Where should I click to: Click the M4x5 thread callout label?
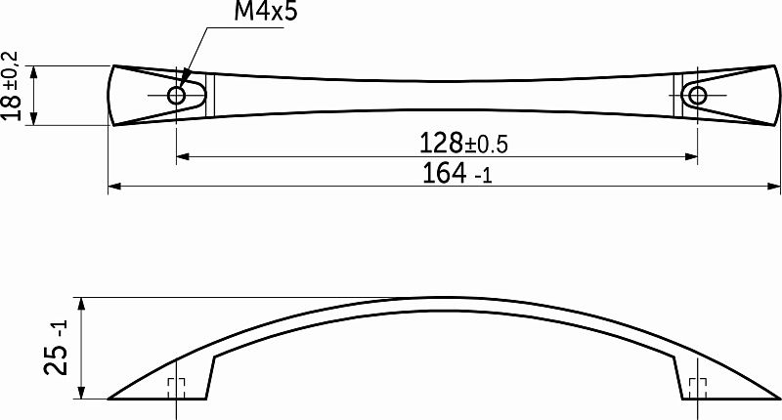click(x=265, y=12)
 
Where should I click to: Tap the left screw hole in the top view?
click(x=177, y=95)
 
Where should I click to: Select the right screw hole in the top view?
click(x=697, y=95)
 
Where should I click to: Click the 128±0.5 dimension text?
click(x=463, y=143)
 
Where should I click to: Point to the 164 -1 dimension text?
click(x=456, y=174)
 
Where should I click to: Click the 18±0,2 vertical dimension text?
click(x=11, y=86)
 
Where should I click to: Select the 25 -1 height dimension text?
click(x=57, y=348)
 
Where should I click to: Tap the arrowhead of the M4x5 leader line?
click(x=182, y=83)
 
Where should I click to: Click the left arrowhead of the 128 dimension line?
click(x=183, y=157)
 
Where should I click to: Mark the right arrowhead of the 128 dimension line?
click(x=691, y=157)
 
